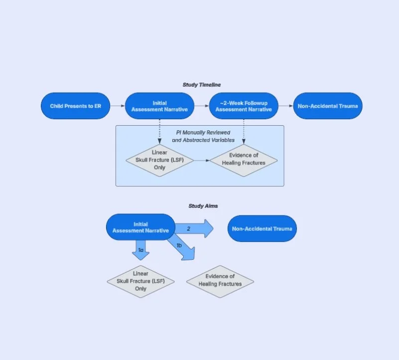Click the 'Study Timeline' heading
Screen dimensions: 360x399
(x=201, y=85)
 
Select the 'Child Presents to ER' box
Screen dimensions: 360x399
(x=75, y=106)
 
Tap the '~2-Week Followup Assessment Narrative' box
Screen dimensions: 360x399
(x=243, y=106)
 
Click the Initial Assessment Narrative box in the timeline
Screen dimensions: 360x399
(x=159, y=106)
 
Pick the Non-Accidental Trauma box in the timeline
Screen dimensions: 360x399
(x=327, y=106)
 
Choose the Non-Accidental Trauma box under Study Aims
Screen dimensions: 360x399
(x=262, y=228)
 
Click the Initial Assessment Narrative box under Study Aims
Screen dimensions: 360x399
(x=140, y=227)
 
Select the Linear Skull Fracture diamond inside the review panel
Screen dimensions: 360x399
(x=159, y=161)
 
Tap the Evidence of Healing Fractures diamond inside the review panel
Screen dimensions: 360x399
(x=243, y=159)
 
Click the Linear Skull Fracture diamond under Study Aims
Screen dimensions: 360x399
(x=140, y=281)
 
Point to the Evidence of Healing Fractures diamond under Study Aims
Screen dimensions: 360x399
(x=220, y=281)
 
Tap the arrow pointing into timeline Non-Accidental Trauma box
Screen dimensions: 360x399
(x=285, y=106)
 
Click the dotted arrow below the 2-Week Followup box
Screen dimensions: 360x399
(x=243, y=131)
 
